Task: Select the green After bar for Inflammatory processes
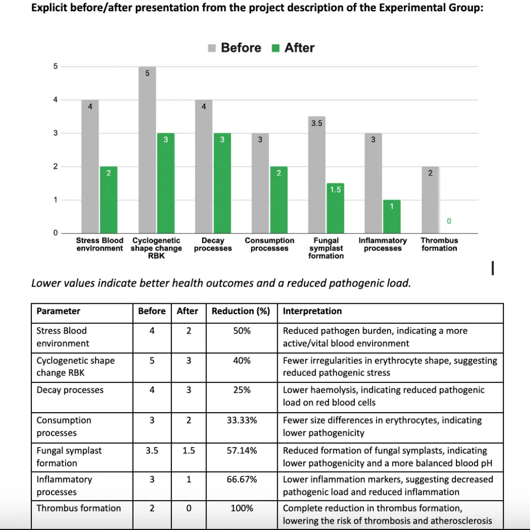(x=392, y=216)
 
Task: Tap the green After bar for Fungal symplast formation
(x=335, y=208)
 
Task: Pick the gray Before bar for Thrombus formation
(x=430, y=200)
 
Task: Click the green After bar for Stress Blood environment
(x=108, y=200)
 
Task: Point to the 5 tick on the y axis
(x=55, y=66)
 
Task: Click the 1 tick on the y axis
(x=55, y=200)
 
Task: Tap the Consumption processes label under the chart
(x=269, y=244)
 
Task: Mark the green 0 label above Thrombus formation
(x=449, y=222)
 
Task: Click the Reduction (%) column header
(x=241, y=311)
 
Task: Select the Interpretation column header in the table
(x=312, y=311)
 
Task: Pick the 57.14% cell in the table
(x=241, y=450)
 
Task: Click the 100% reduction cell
(x=241, y=508)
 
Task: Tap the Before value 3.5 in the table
(x=152, y=450)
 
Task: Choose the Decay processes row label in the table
(x=70, y=390)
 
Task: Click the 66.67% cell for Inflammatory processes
(x=241, y=479)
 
